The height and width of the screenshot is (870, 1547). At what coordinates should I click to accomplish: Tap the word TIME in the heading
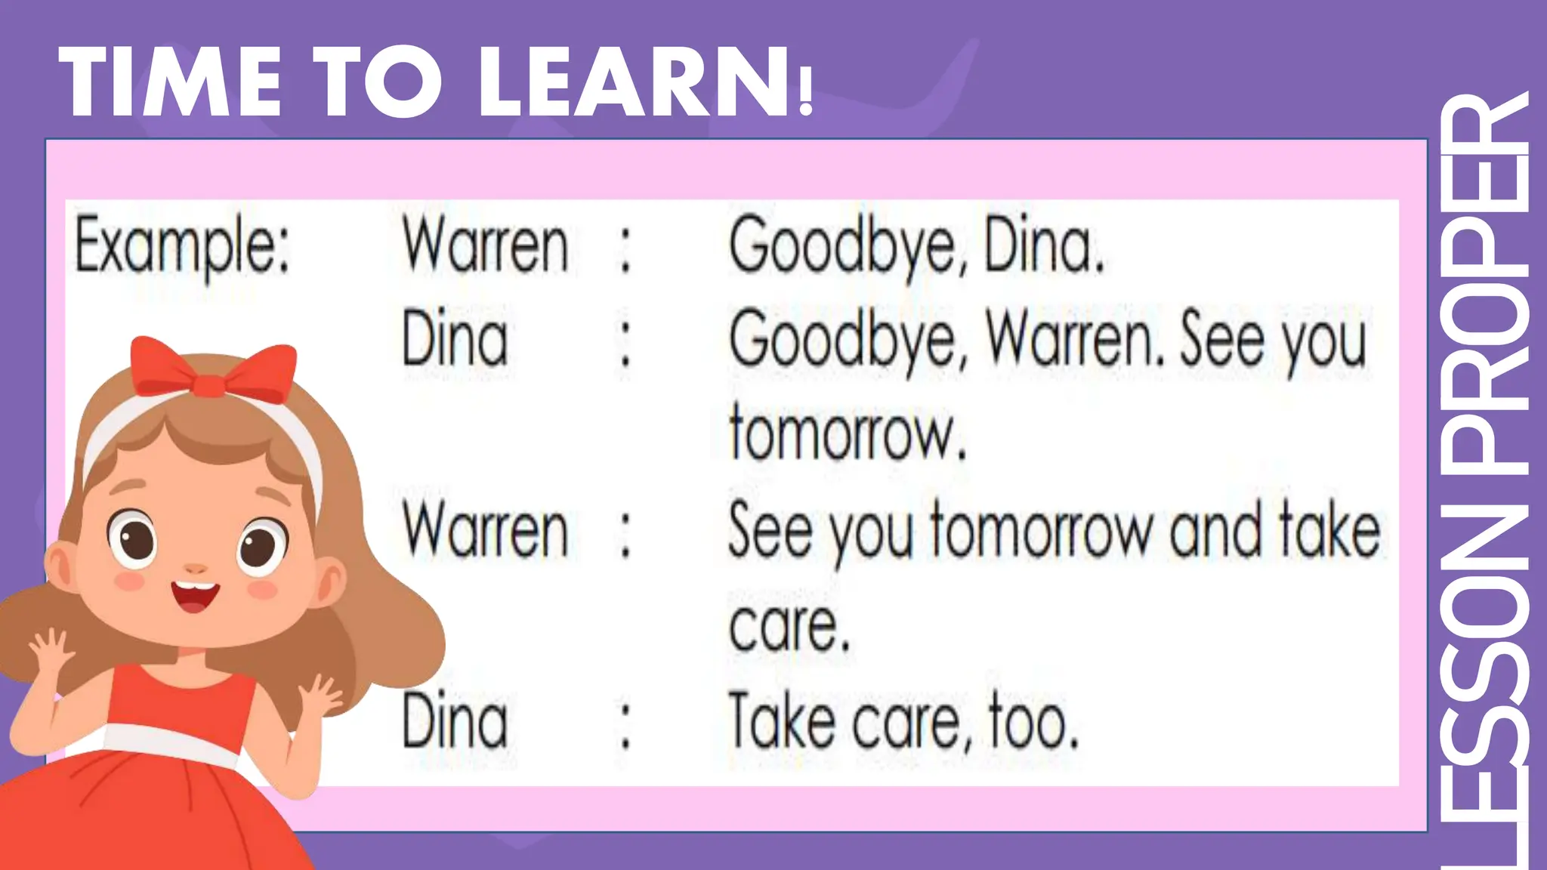(x=171, y=82)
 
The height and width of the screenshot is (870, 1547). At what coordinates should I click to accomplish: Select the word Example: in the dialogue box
(x=182, y=246)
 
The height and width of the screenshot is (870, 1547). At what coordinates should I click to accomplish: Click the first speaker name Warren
(x=485, y=246)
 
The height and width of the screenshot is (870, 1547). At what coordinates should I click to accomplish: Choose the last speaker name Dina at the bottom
(x=455, y=722)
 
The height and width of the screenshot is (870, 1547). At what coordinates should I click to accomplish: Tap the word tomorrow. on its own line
(x=847, y=433)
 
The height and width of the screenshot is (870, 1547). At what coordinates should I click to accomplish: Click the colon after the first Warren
(x=625, y=249)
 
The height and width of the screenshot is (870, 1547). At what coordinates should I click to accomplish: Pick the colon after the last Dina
(x=625, y=725)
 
